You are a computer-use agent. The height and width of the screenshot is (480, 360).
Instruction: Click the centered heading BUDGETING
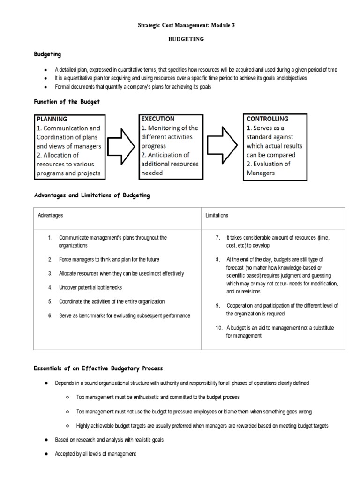[186, 39]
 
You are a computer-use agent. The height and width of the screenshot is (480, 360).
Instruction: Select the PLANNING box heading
[52, 119]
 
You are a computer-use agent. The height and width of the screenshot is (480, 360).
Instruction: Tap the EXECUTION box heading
[158, 119]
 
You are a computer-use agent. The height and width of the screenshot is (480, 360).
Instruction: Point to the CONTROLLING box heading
[268, 119]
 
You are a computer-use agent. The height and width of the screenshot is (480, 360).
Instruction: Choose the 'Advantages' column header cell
[51, 215]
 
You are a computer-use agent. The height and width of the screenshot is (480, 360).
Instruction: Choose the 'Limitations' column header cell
[217, 215]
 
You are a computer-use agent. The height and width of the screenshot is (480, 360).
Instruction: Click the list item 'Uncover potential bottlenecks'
[90, 287]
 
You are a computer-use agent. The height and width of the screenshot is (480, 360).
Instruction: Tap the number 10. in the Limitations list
[219, 328]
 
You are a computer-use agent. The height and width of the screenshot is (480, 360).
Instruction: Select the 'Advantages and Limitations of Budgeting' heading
[91, 195]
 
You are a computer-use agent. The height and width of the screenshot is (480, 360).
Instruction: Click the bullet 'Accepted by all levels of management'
[95, 454]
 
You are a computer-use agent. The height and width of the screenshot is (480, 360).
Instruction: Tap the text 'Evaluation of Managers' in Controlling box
[269, 168]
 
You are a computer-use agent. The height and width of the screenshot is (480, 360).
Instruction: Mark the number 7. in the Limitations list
[218, 238]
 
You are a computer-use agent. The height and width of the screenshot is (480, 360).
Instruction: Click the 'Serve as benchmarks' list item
[124, 315]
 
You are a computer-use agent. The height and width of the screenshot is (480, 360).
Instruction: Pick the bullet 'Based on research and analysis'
[109, 440]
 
